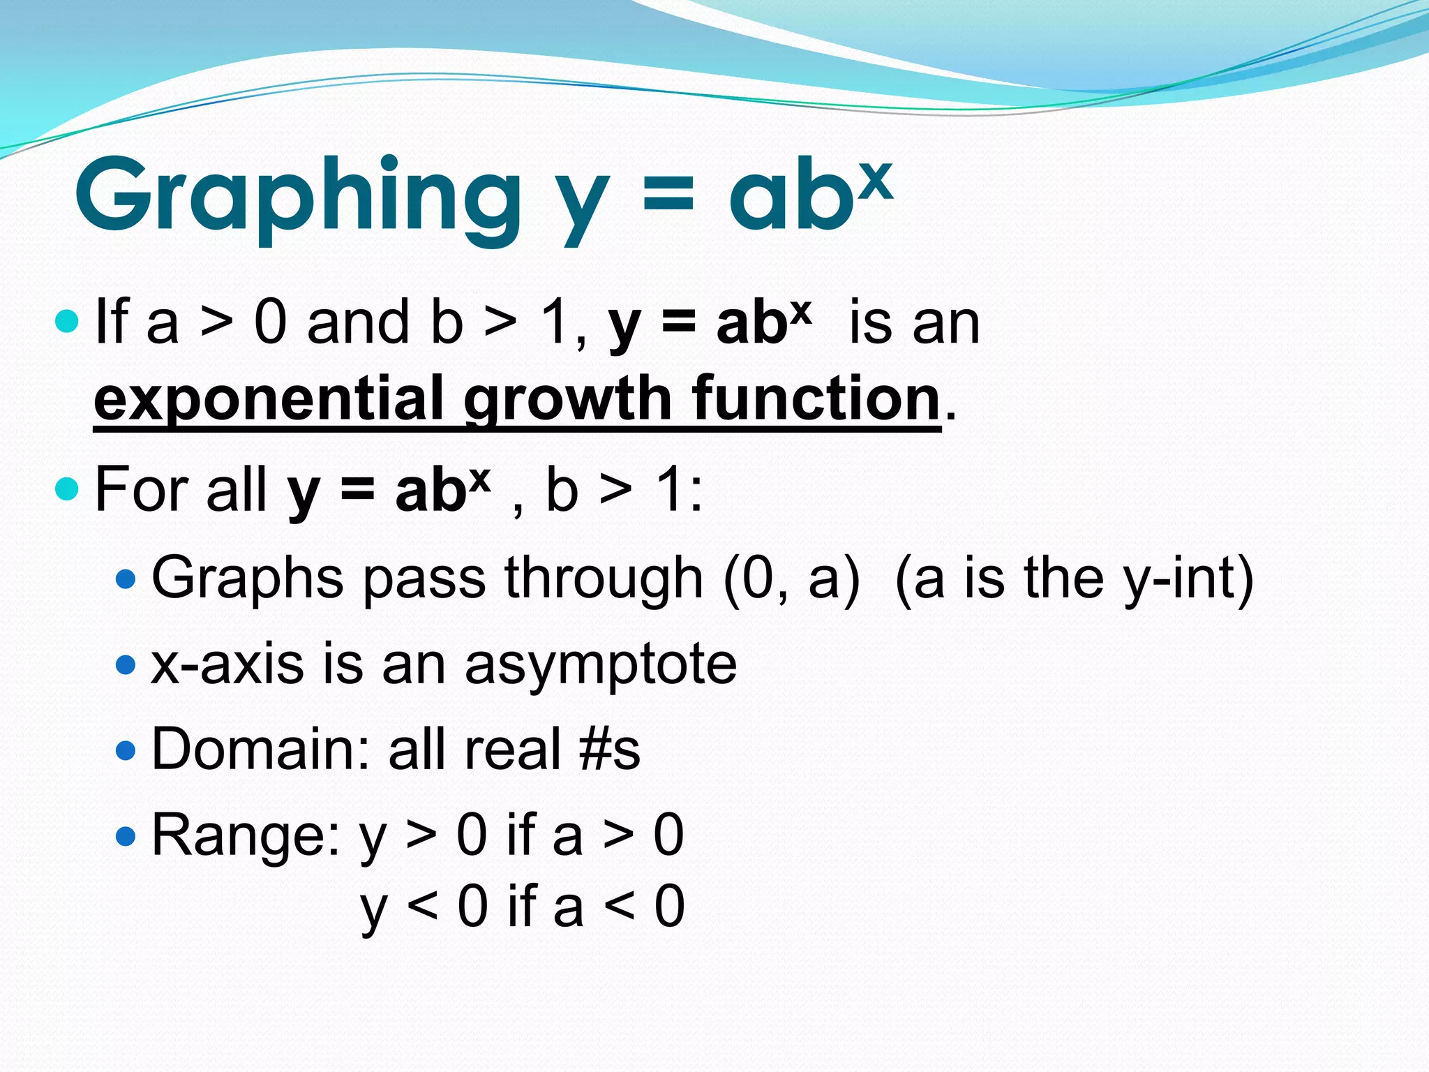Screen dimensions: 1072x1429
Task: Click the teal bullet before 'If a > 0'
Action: (x=67, y=321)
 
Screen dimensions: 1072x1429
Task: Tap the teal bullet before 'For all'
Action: (x=67, y=489)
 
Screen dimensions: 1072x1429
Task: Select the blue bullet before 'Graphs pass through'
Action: (x=126, y=579)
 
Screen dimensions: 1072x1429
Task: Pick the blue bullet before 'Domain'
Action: (x=126, y=750)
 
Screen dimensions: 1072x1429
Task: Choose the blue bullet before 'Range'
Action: (x=126, y=835)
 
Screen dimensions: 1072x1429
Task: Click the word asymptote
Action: (x=601, y=665)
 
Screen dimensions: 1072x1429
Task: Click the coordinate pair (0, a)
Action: (x=791, y=579)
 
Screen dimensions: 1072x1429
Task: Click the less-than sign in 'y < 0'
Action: (x=422, y=906)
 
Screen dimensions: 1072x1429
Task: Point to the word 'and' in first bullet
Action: (x=358, y=322)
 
